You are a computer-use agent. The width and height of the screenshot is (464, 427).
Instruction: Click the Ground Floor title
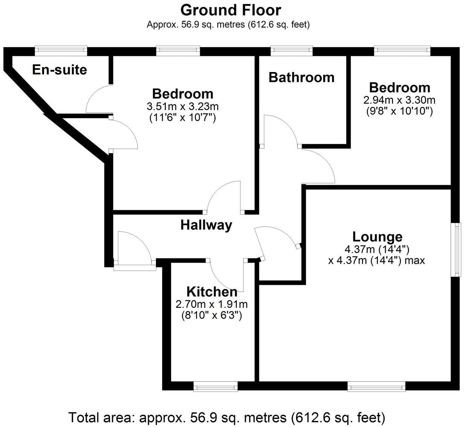click(x=230, y=10)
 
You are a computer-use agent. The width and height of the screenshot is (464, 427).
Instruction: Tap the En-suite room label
click(x=60, y=70)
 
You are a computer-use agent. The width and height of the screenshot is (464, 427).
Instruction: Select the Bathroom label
click(x=301, y=77)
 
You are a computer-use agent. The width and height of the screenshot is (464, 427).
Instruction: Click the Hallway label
click(x=206, y=225)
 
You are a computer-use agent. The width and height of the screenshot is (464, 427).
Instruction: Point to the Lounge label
click(x=377, y=237)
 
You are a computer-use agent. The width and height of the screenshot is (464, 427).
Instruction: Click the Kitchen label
click(x=212, y=292)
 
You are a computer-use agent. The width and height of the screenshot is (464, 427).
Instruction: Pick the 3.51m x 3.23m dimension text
click(x=183, y=106)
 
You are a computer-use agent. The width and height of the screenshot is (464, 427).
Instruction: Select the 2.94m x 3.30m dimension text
click(x=399, y=100)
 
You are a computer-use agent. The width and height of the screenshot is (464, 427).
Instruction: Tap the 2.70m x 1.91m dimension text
click(x=212, y=304)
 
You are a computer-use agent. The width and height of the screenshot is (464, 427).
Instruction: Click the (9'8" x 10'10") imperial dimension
click(x=399, y=111)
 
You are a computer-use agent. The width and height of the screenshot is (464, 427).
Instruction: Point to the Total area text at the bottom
click(x=227, y=418)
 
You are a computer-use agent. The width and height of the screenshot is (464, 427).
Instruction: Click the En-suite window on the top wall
click(x=61, y=51)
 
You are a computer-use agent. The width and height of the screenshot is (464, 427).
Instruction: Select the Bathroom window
click(x=292, y=51)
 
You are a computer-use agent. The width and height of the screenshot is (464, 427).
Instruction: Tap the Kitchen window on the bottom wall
click(x=215, y=386)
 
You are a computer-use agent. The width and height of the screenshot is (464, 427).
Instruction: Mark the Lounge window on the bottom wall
click(x=376, y=386)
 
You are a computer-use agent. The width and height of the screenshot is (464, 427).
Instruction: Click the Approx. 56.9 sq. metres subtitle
click(x=228, y=25)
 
